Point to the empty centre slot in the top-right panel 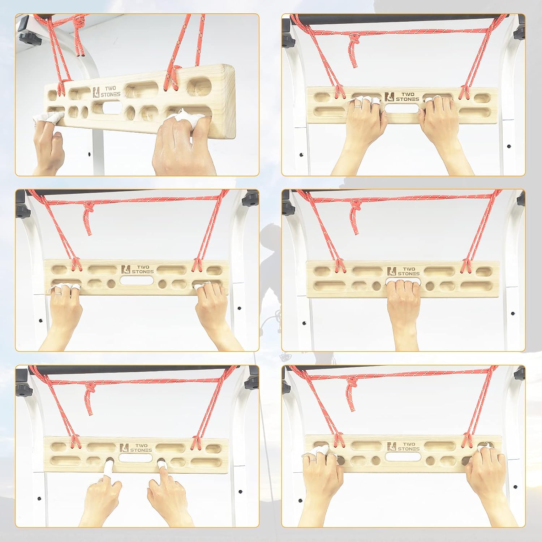click(x=403, y=108)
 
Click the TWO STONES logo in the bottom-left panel click(x=136, y=447)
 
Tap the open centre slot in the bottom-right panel click(x=403, y=456)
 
